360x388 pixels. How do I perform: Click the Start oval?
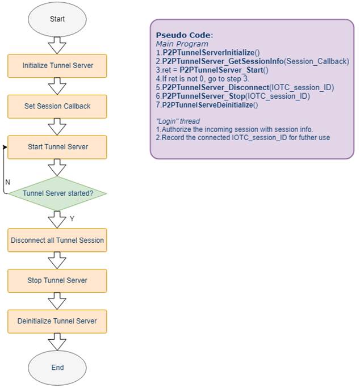point(57,19)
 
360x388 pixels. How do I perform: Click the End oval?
point(57,368)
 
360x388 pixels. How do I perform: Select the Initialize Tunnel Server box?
point(57,66)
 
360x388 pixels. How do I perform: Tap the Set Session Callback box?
point(57,107)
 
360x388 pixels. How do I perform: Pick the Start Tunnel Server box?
point(57,147)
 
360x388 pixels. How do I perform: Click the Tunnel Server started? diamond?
point(57,193)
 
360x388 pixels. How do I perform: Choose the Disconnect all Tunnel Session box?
point(57,241)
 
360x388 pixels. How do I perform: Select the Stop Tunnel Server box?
point(57,281)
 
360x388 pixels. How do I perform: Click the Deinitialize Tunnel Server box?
point(57,321)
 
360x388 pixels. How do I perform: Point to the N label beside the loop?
point(8,182)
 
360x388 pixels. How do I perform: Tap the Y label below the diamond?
point(72,219)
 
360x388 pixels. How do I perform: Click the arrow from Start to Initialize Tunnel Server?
point(57,45)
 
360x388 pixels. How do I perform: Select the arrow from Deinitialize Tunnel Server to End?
point(57,341)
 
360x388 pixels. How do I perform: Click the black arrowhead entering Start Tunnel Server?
point(5,147)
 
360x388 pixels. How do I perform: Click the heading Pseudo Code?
point(185,35)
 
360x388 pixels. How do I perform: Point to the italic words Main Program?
point(182,44)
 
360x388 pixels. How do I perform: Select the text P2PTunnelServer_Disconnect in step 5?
point(216,87)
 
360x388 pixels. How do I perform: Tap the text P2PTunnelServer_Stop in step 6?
point(203,96)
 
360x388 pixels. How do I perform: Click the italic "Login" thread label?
point(178,121)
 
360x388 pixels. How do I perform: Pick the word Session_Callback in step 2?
point(316,61)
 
